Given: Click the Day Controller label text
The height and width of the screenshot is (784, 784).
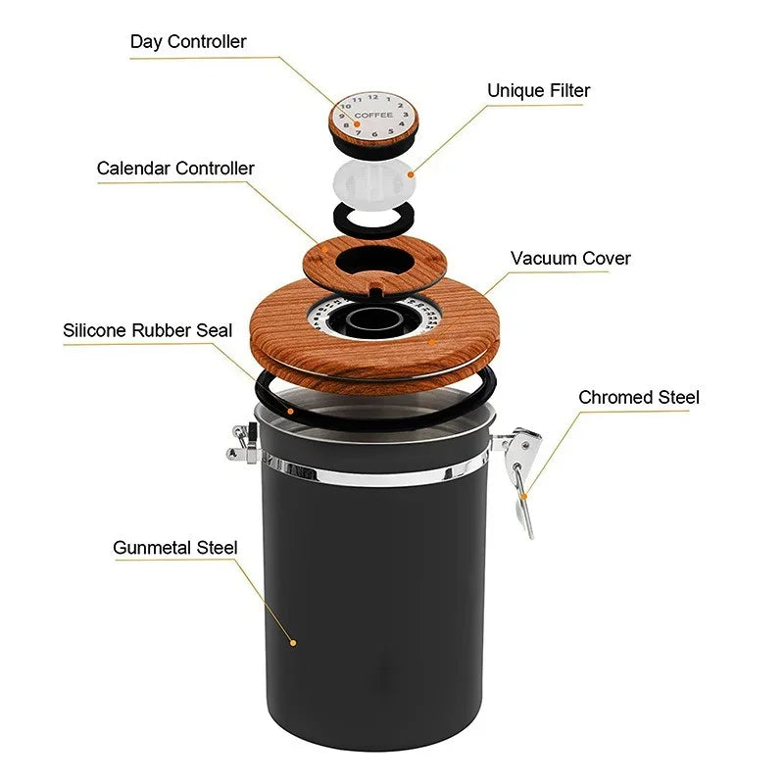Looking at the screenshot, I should tap(188, 42).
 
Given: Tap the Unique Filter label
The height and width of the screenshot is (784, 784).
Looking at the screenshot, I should tap(538, 91).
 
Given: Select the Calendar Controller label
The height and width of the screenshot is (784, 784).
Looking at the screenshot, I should tap(175, 169).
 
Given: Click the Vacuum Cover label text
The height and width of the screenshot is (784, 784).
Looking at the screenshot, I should tap(570, 259).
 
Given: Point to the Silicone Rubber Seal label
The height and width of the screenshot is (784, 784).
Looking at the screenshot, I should tap(148, 330).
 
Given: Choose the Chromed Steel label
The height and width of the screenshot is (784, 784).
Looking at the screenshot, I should tap(639, 397).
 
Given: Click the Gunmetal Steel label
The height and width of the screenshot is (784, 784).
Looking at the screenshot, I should tap(175, 548).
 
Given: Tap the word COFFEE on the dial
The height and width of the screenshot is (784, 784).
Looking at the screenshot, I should tap(373, 116).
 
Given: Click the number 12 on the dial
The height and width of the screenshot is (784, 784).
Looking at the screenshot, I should tap(372, 97).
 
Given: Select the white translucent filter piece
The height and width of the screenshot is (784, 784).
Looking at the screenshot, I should tap(372, 181).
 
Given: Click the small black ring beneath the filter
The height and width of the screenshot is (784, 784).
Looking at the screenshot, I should tap(373, 216).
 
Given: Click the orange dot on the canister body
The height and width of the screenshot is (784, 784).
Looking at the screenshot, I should tap(293, 643).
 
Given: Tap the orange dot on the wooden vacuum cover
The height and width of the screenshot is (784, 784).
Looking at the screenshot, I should tap(430, 342).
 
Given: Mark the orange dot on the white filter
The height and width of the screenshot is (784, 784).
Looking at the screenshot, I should tap(411, 173).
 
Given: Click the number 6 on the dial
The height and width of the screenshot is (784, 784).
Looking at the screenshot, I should tap(373, 134).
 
